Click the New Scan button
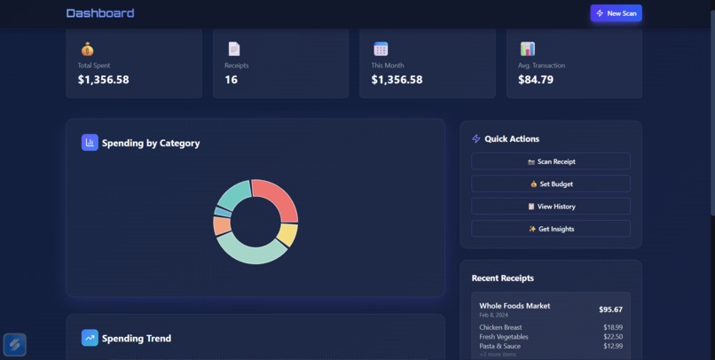(x=616, y=13)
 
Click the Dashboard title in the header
(x=100, y=13)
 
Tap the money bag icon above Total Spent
(x=87, y=49)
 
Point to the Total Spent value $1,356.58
(x=103, y=80)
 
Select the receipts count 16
(x=231, y=80)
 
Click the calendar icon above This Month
(x=381, y=49)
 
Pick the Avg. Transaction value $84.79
(x=536, y=80)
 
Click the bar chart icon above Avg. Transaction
(x=527, y=49)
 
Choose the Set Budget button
(x=550, y=184)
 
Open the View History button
(x=550, y=207)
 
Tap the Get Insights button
(x=550, y=229)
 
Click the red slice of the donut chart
(x=278, y=197)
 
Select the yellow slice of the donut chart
(x=287, y=234)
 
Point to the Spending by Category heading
(x=150, y=143)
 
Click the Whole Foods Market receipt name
(x=515, y=306)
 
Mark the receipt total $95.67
(x=610, y=309)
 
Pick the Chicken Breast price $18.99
(x=613, y=327)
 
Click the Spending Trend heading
(x=136, y=338)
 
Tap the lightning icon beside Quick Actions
(x=476, y=139)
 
